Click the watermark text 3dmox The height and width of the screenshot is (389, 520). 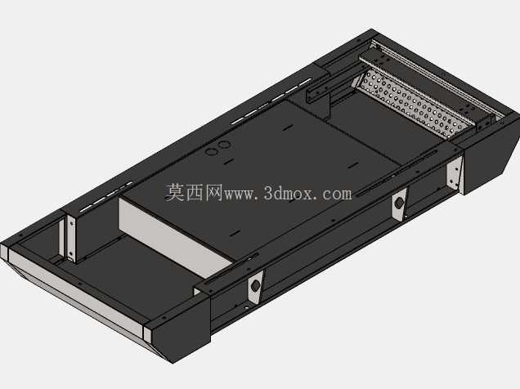click(x=288, y=193)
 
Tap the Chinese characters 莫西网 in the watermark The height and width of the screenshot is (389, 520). click(x=194, y=193)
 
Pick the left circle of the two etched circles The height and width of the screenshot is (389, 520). click(x=212, y=152)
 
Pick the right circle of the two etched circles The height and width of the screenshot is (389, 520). click(x=224, y=145)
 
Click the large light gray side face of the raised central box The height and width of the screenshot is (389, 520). click(x=173, y=238)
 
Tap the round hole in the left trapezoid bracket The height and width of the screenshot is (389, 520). click(x=255, y=285)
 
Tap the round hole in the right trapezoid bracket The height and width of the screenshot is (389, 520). click(x=399, y=203)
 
